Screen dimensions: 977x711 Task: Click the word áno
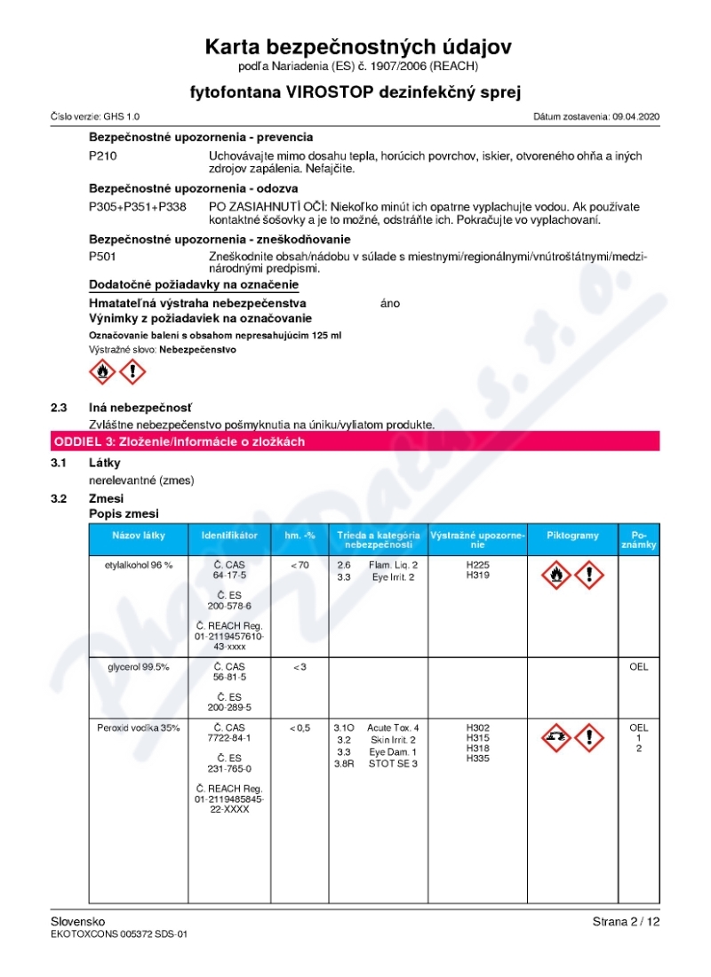click(389, 304)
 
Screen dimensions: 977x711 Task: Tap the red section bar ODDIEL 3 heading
click(355, 441)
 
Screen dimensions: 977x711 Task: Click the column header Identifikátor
click(229, 536)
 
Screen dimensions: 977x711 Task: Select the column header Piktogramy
click(572, 536)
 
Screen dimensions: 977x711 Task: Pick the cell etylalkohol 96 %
click(138, 565)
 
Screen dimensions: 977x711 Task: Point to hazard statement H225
click(477, 565)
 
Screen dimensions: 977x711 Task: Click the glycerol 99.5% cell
click(138, 667)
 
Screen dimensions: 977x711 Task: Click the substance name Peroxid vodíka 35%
click(138, 728)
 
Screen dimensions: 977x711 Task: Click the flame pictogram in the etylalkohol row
click(555, 576)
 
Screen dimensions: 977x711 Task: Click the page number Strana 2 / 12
click(626, 922)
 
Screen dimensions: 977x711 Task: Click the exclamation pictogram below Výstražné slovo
click(133, 372)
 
